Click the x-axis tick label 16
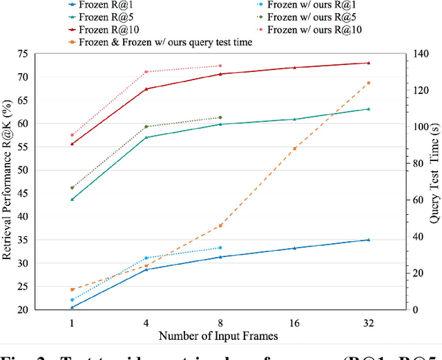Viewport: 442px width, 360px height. coord(294,323)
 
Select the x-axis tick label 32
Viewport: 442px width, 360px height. coord(368,323)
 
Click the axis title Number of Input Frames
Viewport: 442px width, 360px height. coord(219,336)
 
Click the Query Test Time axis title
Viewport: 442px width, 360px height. coord(434,181)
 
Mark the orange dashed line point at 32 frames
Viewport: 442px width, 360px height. coord(368,83)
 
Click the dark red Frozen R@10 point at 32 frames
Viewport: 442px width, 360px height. coord(368,63)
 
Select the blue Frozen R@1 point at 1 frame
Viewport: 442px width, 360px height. coord(72,307)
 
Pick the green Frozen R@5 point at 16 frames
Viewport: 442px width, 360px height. coord(294,120)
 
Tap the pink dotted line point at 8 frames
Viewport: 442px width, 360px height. coord(220,66)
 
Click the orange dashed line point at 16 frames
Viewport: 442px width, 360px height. coord(294,149)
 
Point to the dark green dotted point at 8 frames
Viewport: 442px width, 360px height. coord(220,117)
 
